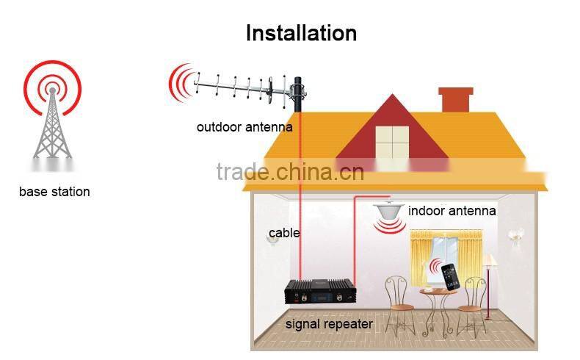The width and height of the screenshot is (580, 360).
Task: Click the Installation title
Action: pyautogui.click(x=301, y=33)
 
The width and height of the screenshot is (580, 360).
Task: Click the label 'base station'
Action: pyautogui.click(x=54, y=192)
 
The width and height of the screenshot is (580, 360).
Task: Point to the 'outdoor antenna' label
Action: pyautogui.click(x=244, y=127)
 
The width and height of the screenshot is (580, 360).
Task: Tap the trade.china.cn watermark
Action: pyautogui.click(x=290, y=172)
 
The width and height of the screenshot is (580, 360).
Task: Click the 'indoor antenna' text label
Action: pyautogui.click(x=452, y=211)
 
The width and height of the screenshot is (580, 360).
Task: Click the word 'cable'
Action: pyautogui.click(x=284, y=233)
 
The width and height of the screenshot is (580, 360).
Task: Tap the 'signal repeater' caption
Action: pyautogui.click(x=329, y=323)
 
